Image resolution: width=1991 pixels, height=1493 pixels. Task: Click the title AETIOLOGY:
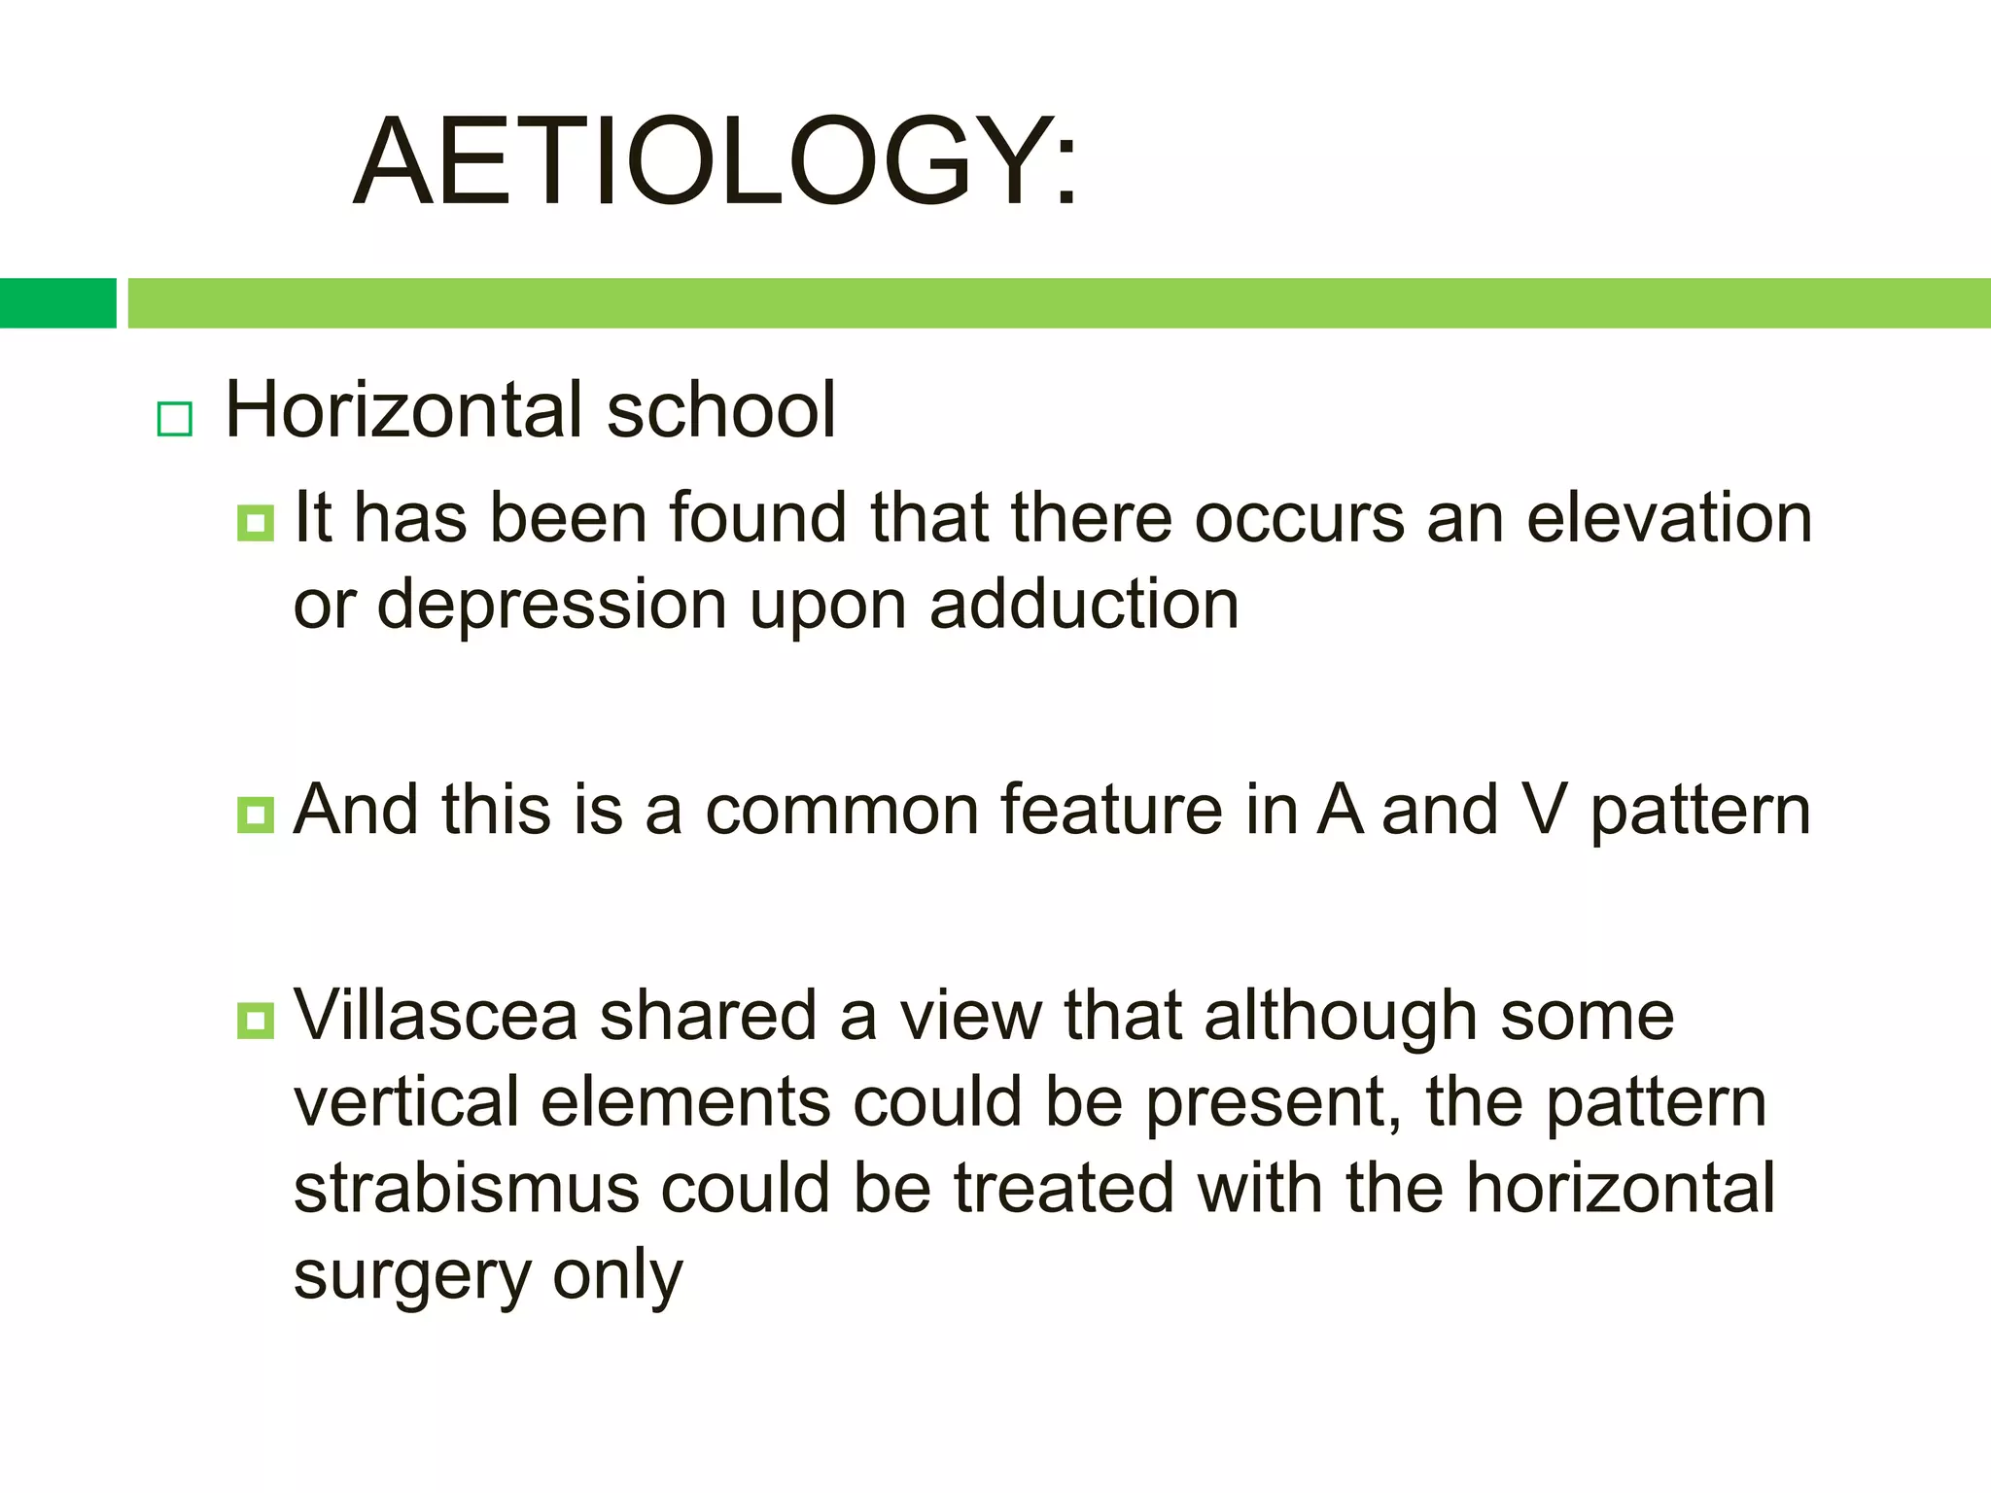click(x=716, y=161)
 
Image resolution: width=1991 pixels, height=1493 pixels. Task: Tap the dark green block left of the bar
click(x=57, y=303)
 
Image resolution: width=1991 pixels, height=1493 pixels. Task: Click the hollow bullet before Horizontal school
click(x=175, y=419)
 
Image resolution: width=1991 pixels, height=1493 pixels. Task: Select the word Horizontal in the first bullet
click(x=405, y=410)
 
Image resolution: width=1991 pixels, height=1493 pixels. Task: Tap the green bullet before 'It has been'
click(x=256, y=523)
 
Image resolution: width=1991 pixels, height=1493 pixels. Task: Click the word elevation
click(x=1668, y=518)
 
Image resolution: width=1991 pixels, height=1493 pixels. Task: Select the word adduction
click(x=1084, y=605)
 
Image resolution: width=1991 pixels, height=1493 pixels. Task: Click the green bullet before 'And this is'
click(x=256, y=815)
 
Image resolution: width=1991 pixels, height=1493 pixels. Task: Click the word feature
click(x=1110, y=811)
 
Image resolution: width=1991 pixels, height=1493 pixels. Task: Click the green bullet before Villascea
click(x=256, y=1021)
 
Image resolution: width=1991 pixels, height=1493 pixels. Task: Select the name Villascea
click(x=436, y=1016)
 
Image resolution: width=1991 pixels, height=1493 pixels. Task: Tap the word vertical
click(x=406, y=1103)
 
